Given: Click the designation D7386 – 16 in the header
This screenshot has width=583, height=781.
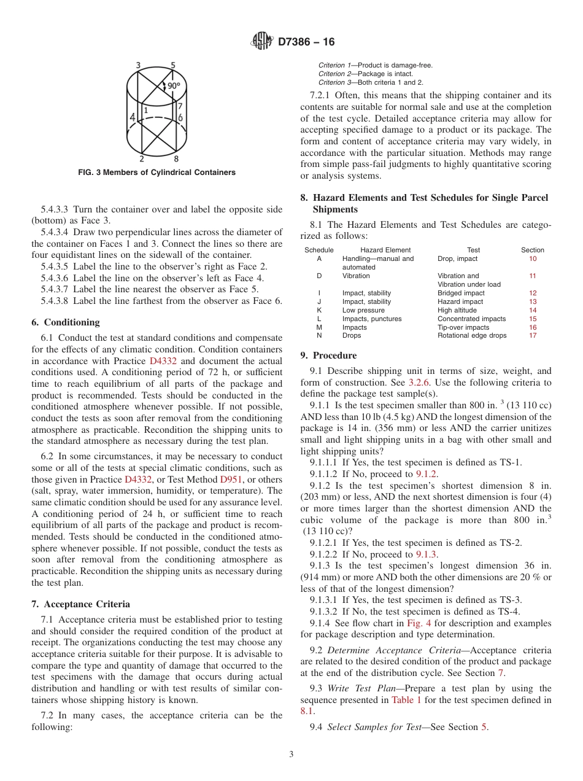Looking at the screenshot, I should pos(306,42).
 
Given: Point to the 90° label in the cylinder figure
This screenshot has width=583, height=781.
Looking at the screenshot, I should pos(174,86).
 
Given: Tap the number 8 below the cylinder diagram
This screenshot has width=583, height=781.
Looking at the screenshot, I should pos(176,158).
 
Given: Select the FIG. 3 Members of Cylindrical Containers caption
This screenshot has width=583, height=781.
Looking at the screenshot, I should pos(156,173).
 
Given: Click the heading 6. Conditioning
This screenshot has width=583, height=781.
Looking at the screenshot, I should pos(65,322).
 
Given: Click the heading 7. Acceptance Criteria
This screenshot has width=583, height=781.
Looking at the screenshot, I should pos(80,604).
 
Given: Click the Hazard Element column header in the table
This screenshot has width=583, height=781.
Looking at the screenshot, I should pos(385,250).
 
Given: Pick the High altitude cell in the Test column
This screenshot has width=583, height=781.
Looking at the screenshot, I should pos(457,310).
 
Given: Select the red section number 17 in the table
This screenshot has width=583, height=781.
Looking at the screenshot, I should pos(533,336).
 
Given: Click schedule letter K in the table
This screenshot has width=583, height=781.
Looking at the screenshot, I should pos(319,310).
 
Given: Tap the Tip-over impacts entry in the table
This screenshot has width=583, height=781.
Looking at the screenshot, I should pos(463,327).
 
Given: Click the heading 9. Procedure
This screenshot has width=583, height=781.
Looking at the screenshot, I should pos(328,356).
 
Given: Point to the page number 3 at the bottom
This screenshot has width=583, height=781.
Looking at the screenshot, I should pos(291,755).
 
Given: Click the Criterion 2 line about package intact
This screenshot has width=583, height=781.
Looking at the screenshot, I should pos(370,74).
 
